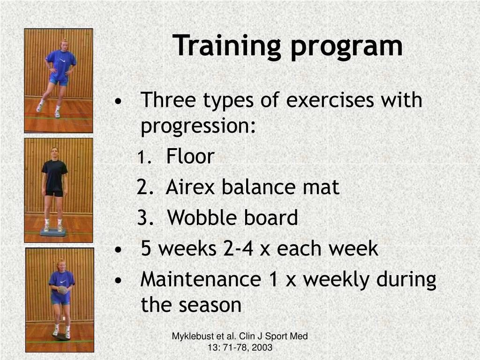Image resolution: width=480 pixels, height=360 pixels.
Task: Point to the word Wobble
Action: (x=202, y=217)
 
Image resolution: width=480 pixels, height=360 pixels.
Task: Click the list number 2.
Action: (x=145, y=187)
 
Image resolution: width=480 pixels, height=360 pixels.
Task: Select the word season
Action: (x=210, y=305)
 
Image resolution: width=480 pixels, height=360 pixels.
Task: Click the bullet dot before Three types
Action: (x=118, y=101)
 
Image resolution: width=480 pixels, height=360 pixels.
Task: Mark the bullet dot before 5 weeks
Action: (x=118, y=250)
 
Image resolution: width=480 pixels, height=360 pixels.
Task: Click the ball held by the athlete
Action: (x=63, y=290)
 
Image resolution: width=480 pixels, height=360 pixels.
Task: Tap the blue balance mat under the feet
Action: (x=53, y=232)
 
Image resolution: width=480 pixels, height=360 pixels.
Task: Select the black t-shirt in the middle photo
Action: (x=54, y=175)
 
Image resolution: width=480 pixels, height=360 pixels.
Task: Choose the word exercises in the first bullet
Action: (x=330, y=100)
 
